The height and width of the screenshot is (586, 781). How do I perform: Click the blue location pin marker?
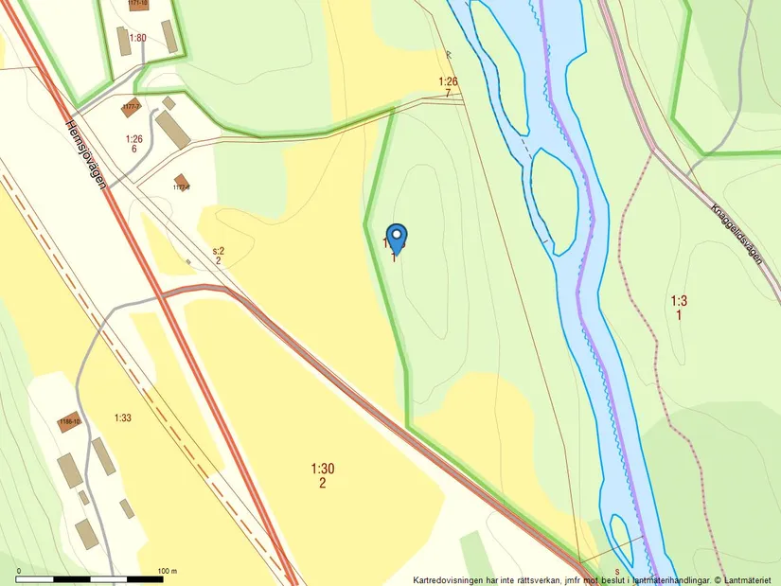[398, 237]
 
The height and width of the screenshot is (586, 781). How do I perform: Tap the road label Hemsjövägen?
[86, 153]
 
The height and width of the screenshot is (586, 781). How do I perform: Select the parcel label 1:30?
[323, 469]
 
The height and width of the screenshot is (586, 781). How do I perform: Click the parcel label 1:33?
[123, 417]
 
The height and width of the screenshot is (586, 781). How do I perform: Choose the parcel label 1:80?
[138, 38]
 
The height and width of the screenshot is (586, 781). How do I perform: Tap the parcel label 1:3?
[679, 301]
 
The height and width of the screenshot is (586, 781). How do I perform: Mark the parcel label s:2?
[218, 249]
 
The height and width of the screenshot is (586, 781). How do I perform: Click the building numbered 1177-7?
[131, 106]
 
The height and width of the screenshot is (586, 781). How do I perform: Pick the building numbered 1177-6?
[181, 180]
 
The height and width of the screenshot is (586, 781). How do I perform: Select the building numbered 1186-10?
[68, 422]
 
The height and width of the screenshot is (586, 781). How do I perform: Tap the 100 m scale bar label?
[167, 571]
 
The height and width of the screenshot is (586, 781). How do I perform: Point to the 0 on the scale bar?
[18, 571]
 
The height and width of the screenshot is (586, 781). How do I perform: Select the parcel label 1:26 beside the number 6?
[133, 139]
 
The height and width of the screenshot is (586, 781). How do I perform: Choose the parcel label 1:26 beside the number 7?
[448, 81]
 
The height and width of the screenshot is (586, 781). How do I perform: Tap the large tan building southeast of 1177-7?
[172, 129]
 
